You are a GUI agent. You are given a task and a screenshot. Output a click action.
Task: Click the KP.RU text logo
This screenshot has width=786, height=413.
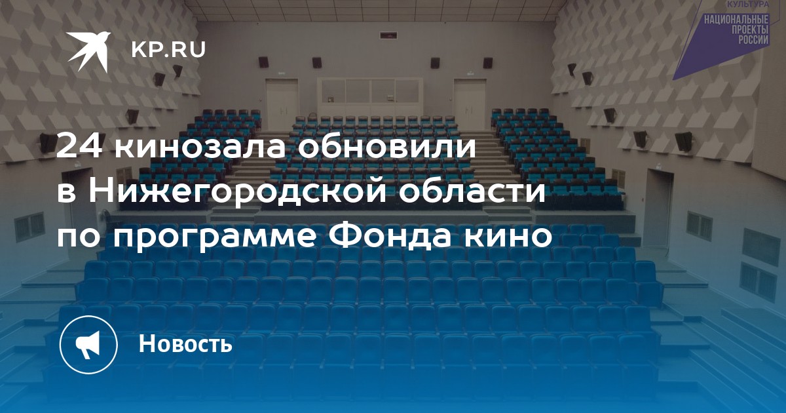coord(168,50)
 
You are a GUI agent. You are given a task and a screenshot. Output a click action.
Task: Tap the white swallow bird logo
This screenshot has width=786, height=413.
coord(88,50)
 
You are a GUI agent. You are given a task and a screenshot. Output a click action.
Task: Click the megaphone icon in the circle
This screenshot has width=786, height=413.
coord(88,345)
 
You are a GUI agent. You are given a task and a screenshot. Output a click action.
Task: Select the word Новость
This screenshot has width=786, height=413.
coord(185,344)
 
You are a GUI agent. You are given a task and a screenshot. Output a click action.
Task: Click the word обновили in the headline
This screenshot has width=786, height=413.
coord(386,145)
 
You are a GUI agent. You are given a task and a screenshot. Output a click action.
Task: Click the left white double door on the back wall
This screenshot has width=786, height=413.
coord(282,104)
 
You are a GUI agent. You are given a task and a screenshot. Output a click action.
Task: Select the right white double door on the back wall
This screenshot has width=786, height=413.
coord(470,104)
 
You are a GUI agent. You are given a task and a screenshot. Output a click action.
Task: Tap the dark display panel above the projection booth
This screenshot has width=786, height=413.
coord(388,35)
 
